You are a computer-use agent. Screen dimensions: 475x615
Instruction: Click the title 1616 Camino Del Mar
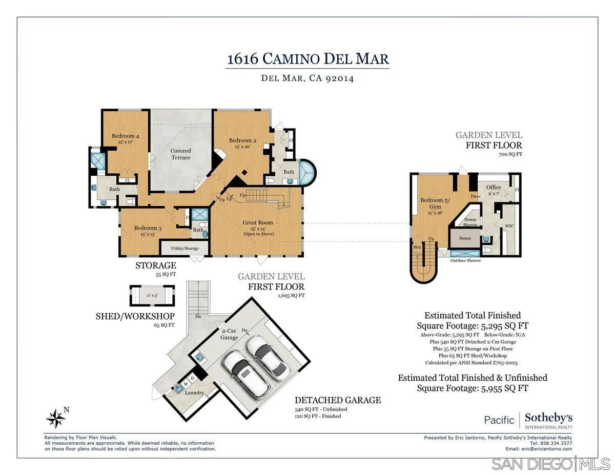(x=308, y=58)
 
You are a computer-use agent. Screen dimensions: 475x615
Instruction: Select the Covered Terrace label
(x=180, y=154)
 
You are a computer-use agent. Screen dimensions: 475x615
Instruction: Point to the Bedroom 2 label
(x=242, y=140)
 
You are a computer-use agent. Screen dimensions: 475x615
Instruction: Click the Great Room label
(x=258, y=222)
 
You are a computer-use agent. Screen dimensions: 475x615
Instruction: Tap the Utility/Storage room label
(x=184, y=248)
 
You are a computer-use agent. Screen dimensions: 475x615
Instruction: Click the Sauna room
(x=465, y=238)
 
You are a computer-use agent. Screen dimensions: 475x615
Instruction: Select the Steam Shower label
(x=470, y=222)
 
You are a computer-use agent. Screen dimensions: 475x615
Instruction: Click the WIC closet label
(x=509, y=225)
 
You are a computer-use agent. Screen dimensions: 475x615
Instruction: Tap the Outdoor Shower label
(x=465, y=260)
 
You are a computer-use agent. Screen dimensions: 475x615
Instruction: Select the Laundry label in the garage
(x=195, y=393)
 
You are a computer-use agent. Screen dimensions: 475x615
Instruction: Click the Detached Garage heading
(x=337, y=400)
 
